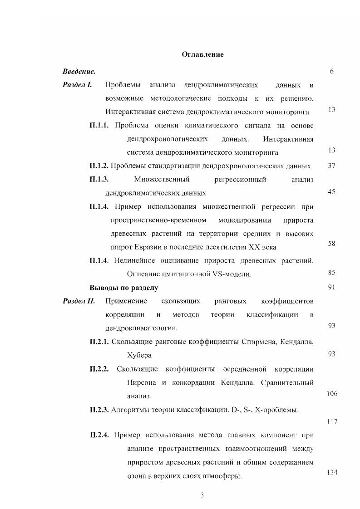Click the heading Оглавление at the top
[x=202, y=54]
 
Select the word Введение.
[x=79, y=72]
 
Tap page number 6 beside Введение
[x=332, y=72]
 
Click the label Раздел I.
[x=78, y=85]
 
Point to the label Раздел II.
[x=79, y=301]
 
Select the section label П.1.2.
[x=99, y=166]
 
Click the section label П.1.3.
[x=99, y=180]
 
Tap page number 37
[x=331, y=166]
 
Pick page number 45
[x=331, y=192]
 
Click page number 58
[x=331, y=244]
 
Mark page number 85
[x=331, y=273]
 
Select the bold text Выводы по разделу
[x=123, y=288]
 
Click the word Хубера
[x=139, y=355]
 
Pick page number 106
[x=332, y=394]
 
